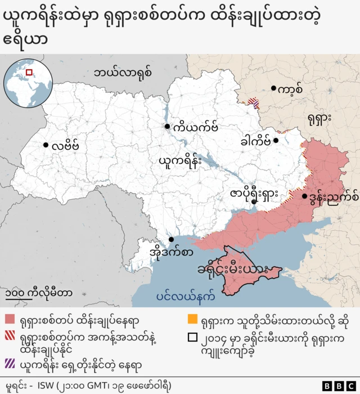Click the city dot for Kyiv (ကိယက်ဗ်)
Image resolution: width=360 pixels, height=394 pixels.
[x=167, y=127]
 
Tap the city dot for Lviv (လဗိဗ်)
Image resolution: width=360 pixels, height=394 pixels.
[x=46, y=145]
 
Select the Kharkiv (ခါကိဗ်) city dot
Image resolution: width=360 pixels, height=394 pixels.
[x=276, y=140]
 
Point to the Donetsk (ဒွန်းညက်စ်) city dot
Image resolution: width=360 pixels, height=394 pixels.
[x=304, y=196]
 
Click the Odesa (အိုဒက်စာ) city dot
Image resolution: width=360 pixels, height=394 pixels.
[x=171, y=239]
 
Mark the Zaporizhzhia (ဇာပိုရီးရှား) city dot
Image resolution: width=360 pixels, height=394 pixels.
[x=254, y=202]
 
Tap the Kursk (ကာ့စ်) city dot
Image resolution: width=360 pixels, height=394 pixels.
[x=273, y=88]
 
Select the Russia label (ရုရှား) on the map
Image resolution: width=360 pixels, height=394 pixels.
[x=319, y=118]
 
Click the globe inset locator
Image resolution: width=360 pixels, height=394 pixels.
[x=25, y=80]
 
